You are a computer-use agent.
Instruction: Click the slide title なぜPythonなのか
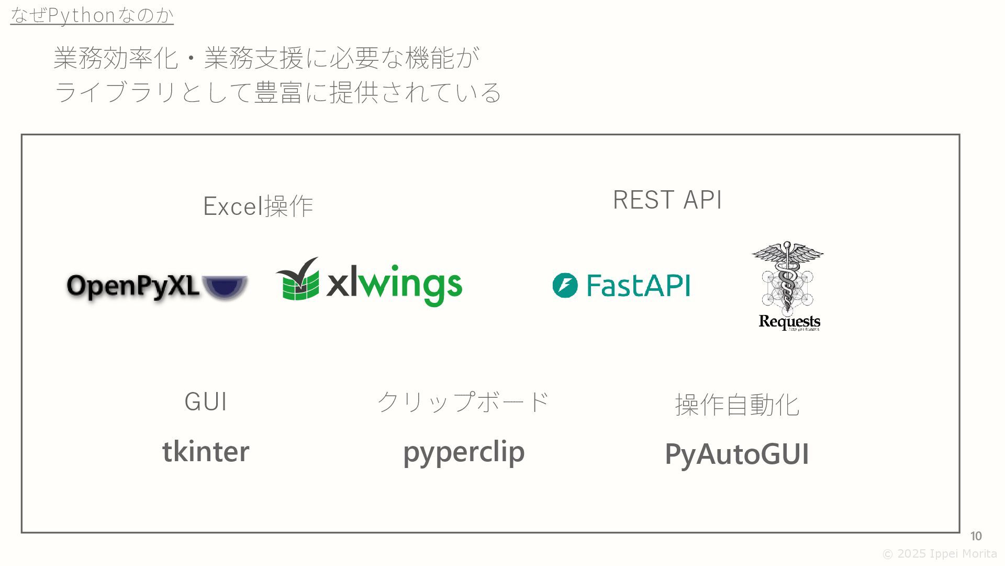click(x=92, y=15)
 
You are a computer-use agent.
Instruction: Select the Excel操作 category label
click(x=258, y=205)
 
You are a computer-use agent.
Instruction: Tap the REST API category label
click(x=667, y=200)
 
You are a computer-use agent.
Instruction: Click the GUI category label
click(x=206, y=402)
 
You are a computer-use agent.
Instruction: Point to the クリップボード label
click(x=463, y=402)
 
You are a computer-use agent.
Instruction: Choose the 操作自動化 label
click(x=737, y=405)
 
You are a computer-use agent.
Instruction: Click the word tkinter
click(x=206, y=451)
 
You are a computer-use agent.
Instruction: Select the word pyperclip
click(x=464, y=452)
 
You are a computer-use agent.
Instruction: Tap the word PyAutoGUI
click(x=737, y=454)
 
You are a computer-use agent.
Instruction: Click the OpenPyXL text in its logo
click(x=133, y=287)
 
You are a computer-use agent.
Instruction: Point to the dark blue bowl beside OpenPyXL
click(x=225, y=287)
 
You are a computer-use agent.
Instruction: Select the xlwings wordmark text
click(x=394, y=286)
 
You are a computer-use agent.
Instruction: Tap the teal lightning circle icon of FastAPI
click(x=565, y=286)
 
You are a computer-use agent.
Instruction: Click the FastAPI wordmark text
click(x=639, y=286)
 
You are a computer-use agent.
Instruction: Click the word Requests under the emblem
click(x=789, y=321)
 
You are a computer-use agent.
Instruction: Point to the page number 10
click(x=976, y=536)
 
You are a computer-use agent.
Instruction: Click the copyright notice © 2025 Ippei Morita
click(x=940, y=554)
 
